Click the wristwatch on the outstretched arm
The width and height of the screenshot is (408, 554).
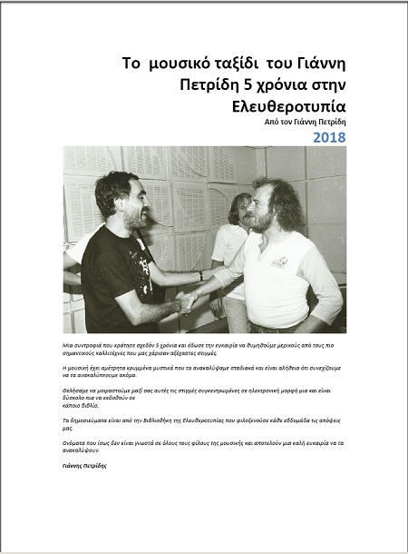[x=201, y=276]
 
